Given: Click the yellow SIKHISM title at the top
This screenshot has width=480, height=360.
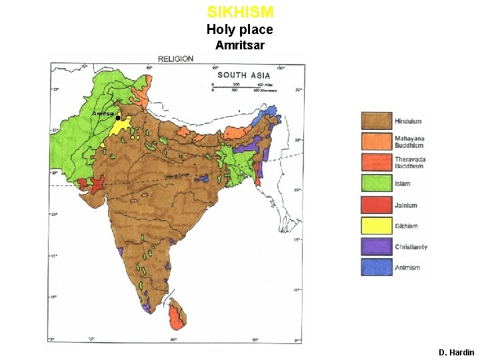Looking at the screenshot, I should [x=240, y=12].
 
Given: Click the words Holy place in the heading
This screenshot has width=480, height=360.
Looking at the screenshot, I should [x=239, y=29].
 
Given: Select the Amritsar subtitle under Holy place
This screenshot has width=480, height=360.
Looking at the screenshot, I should [x=239, y=46].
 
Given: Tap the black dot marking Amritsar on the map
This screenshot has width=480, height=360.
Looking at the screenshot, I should [x=117, y=118].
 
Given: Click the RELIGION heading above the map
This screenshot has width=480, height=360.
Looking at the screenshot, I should [x=175, y=59].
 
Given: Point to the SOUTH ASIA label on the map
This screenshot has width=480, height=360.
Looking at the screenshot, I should [x=243, y=75].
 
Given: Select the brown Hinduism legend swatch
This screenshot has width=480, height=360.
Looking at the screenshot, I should [x=376, y=121].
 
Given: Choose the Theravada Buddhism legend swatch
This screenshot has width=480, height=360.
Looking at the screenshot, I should [x=376, y=163].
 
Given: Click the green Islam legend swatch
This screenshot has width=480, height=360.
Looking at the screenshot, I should [x=376, y=183].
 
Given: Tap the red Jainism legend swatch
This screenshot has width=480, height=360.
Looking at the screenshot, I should [x=376, y=205].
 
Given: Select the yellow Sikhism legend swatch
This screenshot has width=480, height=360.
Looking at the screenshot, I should [x=376, y=225].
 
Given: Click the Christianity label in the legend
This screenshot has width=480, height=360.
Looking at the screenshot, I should [x=411, y=247].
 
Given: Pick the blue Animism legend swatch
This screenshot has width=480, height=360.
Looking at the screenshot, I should [x=376, y=267].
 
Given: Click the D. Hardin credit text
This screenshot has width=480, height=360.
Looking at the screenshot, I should [x=456, y=352].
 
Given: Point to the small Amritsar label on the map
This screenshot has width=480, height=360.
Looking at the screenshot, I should [x=103, y=114].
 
